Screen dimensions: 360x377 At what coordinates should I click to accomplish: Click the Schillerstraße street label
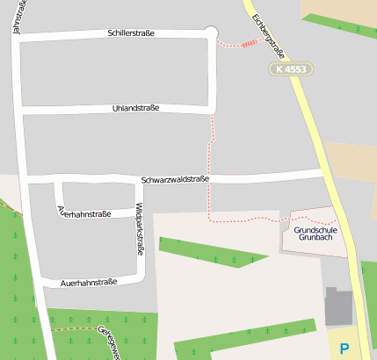131,33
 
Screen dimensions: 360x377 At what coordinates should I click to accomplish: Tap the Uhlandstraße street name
136,108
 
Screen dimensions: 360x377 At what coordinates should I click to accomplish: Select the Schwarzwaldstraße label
175,179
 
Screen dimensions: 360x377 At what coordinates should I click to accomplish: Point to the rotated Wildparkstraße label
139,229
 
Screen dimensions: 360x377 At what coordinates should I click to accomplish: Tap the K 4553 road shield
292,68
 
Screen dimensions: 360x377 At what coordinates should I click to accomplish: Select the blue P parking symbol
344,348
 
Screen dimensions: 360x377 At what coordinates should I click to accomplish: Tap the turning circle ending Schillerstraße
210,32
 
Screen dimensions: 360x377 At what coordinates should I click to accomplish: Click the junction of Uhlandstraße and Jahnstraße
20,110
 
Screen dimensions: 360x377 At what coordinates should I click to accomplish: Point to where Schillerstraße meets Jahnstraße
18,36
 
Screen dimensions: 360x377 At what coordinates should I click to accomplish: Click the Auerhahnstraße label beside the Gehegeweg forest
89,283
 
